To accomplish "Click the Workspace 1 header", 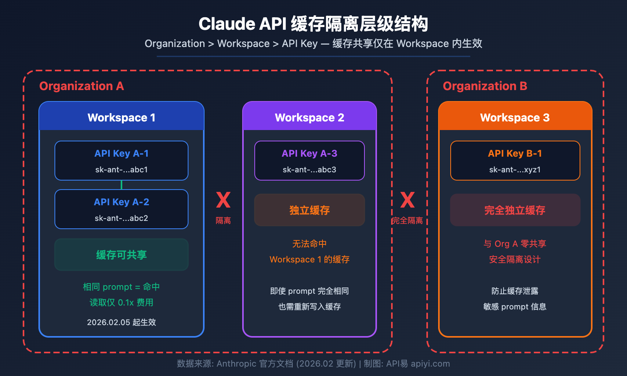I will (x=121, y=117).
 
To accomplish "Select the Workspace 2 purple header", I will (x=310, y=117).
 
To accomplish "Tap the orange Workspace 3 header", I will (x=515, y=117).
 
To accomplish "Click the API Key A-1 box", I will (x=121, y=161).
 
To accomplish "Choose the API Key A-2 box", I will (x=121, y=209).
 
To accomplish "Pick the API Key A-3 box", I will (x=310, y=161).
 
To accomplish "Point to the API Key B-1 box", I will (x=515, y=161).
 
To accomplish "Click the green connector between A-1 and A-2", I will (x=121, y=185).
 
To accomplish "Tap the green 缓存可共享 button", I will (x=121, y=255).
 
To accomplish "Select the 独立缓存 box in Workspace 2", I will (x=310, y=210).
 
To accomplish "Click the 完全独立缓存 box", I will (x=515, y=210).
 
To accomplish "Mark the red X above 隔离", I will (x=223, y=200).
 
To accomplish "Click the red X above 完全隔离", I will (x=408, y=200).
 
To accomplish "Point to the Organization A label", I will (x=82, y=86).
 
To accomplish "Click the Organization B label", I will (x=485, y=86).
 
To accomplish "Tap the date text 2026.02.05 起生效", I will (x=121, y=322).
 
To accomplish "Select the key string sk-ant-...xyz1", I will (x=515, y=170).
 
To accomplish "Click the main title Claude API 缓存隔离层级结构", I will (x=313, y=24).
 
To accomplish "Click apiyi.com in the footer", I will (x=430, y=363).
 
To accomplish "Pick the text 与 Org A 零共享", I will (x=515, y=244).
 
